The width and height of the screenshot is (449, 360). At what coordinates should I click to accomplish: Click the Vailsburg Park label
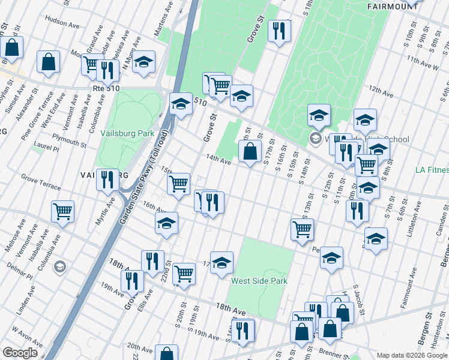pyautogui.click(x=127, y=133)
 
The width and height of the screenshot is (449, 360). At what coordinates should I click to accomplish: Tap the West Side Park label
pyautogui.click(x=259, y=281)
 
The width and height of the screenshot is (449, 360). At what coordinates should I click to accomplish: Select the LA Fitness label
pyautogui.click(x=432, y=170)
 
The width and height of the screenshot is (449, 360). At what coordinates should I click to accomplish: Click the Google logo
pyautogui.click(x=20, y=353)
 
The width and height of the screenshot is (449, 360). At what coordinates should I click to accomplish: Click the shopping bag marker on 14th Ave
pyautogui.click(x=250, y=152)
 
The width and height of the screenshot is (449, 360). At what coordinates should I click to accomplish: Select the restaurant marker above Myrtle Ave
pyautogui.click(x=107, y=179)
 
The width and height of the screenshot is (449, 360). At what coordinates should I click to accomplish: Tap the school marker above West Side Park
pyautogui.click(x=221, y=262)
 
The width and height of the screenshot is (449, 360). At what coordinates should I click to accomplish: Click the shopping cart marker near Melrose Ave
pyautogui.click(x=62, y=211)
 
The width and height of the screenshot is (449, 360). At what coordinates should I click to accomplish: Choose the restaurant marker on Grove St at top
pyautogui.click(x=279, y=31)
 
